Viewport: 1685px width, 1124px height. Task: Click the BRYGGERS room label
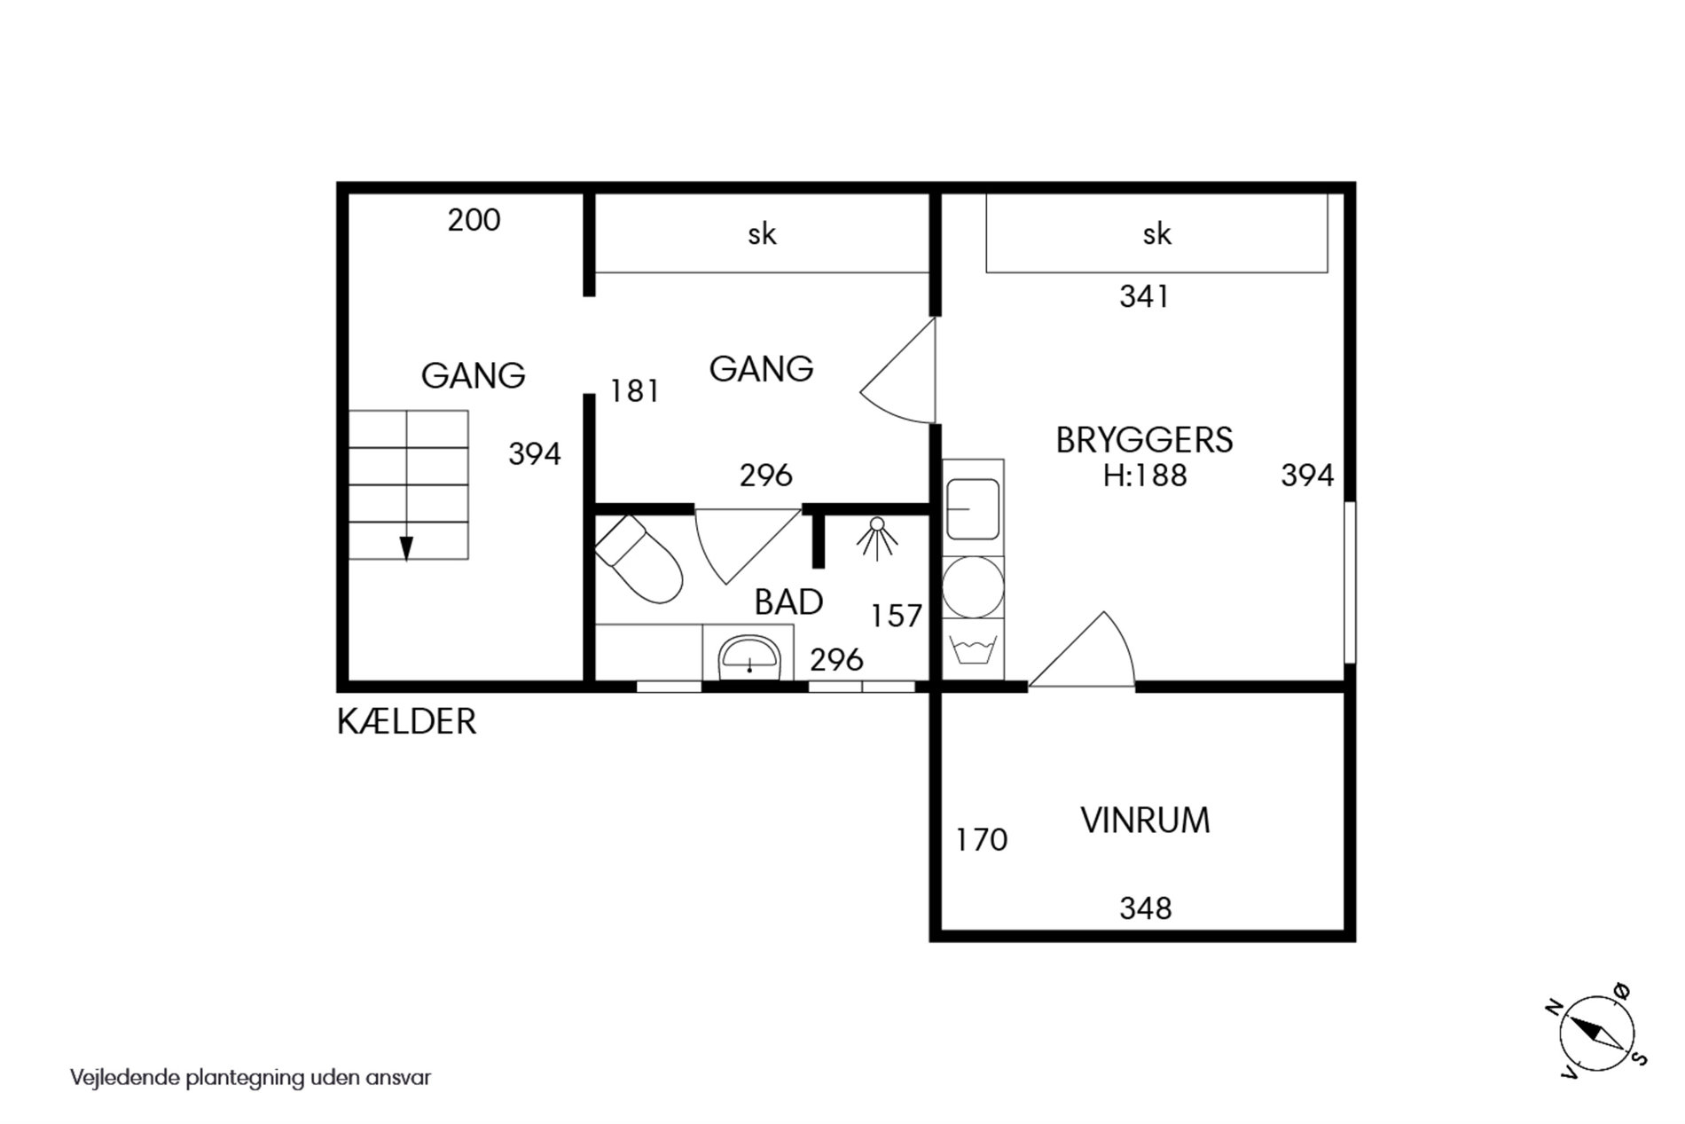(x=1144, y=440)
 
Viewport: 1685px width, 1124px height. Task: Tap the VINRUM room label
(x=1145, y=821)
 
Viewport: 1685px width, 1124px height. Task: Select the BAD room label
(x=788, y=602)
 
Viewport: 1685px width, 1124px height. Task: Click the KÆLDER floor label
(x=406, y=721)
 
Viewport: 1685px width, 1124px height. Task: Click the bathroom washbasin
(x=749, y=657)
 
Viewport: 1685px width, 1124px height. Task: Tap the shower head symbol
(x=877, y=538)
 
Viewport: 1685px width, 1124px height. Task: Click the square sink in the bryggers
(x=973, y=509)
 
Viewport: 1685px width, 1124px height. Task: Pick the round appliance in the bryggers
(x=973, y=587)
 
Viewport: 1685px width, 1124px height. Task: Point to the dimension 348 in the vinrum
(x=1146, y=908)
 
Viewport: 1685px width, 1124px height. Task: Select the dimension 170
(x=982, y=839)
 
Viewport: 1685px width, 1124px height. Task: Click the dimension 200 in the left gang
(x=474, y=220)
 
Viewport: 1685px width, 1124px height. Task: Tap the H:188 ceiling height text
(x=1145, y=476)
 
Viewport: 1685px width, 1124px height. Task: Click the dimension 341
(x=1144, y=296)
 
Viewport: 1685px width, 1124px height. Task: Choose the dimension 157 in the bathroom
(x=897, y=616)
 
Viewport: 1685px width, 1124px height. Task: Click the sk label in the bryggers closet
(x=1157, y=233)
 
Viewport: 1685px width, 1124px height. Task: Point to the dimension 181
(x=634, y=391)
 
